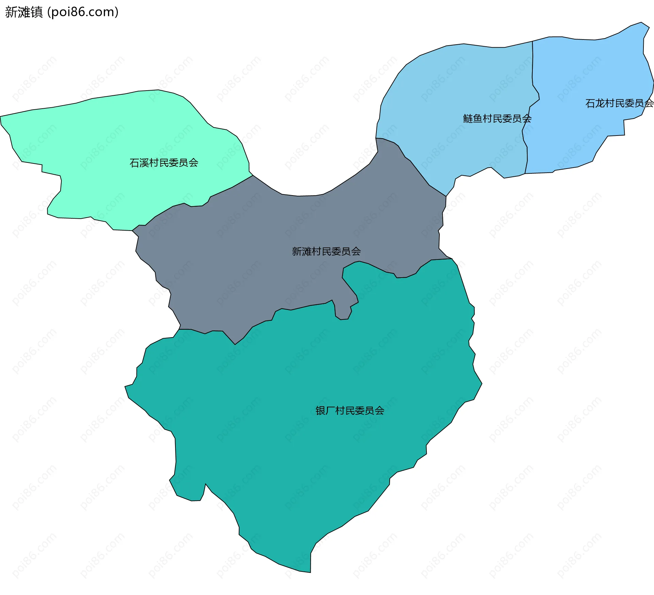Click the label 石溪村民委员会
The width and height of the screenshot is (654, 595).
point(164,163)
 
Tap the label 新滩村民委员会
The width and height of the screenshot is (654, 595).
point(326,251)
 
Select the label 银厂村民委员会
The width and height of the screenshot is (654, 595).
point(350,411)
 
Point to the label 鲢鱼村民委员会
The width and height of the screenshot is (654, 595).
point(497,119)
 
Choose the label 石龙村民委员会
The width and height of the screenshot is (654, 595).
point(619,103)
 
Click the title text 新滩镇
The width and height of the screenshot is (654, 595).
point(24,12)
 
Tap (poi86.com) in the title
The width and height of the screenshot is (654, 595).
point(83,12)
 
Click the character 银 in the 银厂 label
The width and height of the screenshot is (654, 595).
point(320,411)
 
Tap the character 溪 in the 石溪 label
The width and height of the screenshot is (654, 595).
point(144,163)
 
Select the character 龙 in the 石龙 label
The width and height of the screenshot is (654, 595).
point(600,103)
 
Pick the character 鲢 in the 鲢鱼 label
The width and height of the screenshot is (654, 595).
point(468,119)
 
